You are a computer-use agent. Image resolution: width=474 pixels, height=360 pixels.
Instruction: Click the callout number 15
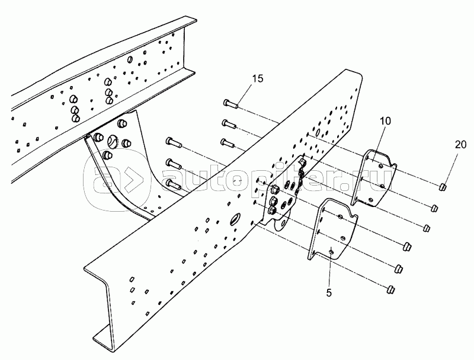[258, 79]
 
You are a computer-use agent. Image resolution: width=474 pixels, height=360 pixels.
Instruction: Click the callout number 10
[386, 121]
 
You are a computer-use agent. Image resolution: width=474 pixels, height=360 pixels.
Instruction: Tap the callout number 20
[461, 145]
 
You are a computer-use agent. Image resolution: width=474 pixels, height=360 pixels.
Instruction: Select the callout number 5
[329, 293]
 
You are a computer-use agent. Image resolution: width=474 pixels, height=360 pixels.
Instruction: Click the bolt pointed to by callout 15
[231, 103]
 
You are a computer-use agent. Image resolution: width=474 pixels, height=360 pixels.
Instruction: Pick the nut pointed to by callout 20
[443, 187]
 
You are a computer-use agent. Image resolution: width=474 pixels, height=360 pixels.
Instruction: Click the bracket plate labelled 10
[374, 179]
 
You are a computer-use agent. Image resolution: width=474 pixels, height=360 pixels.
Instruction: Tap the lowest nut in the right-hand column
[391, 289]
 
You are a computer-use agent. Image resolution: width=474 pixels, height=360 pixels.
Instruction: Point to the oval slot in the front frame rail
[235, 219]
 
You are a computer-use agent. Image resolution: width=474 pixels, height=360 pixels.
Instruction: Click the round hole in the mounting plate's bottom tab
[283, 224]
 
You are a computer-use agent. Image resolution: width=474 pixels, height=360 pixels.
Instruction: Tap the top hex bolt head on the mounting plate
[275, 190]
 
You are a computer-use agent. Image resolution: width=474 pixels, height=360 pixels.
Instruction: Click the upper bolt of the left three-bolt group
[174, 142]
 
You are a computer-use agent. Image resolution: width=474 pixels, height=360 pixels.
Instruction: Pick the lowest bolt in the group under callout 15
[228, 143]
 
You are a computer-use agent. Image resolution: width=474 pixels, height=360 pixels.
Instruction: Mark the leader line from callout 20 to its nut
[451, 168]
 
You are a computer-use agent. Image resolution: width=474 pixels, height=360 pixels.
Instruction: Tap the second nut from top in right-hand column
[434, 208]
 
